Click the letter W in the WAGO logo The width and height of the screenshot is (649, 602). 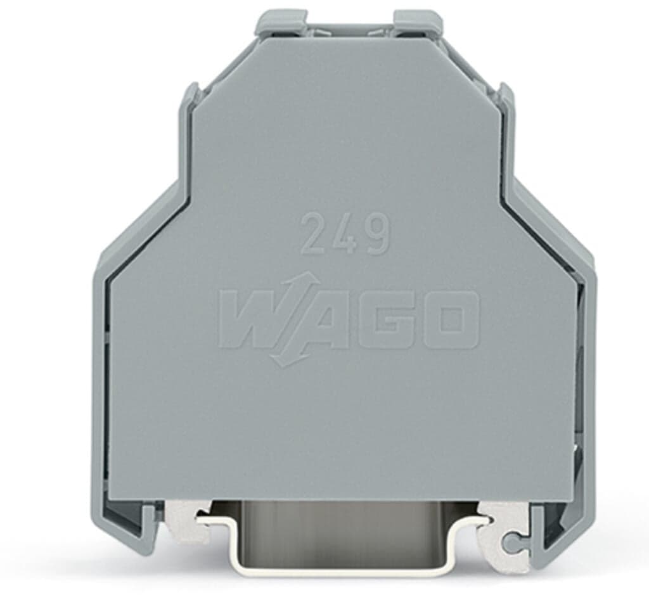point(254,319)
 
